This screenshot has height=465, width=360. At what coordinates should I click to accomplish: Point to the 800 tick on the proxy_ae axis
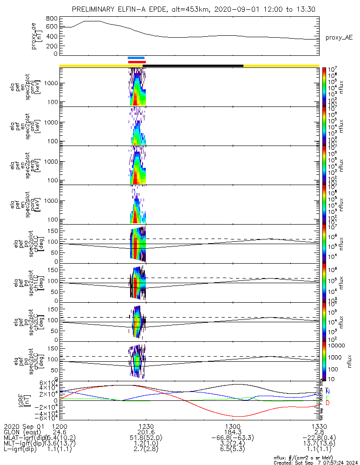[52, 19]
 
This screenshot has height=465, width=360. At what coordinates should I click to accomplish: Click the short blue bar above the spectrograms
[137, 58]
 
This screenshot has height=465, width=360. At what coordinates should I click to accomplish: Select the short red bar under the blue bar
[137, 62]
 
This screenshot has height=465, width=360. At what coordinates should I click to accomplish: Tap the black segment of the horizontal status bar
[194, 66]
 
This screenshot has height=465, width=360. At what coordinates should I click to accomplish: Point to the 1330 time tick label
[319, 426]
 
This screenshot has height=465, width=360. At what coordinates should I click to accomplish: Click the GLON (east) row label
[23, 432]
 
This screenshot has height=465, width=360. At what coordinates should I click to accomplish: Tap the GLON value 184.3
[232, 432]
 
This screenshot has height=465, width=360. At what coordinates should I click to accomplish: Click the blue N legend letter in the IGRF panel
[327, 391]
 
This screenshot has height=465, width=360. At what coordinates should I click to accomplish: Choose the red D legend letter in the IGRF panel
[327, 403]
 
